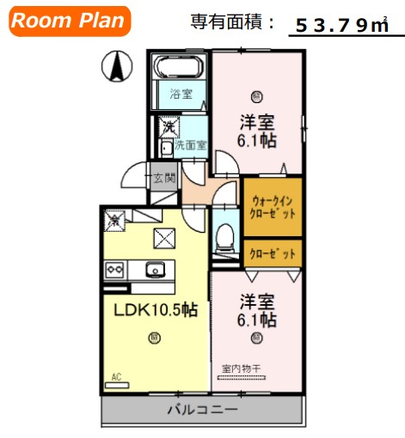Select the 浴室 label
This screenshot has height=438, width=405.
pos(181,93)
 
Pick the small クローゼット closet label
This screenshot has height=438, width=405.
pos(272,254)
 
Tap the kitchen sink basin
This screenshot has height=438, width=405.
pos(156,270)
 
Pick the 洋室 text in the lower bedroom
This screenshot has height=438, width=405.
pos(257,301)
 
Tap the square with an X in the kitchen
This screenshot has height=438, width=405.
pos(163,237)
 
